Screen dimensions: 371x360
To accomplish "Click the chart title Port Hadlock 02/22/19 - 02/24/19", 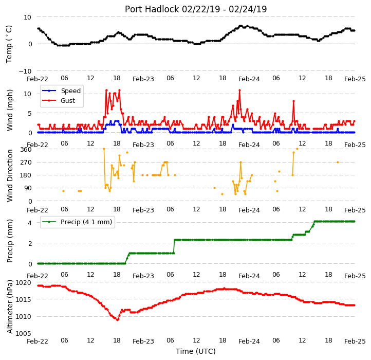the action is (196, 9).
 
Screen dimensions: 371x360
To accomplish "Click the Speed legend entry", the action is (62, 91).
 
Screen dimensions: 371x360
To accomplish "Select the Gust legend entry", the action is (59, 100).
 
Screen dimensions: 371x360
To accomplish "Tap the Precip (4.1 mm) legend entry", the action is (77, 222).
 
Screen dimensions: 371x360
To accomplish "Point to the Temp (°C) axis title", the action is (9, 44).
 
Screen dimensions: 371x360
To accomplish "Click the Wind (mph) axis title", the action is (9, 110).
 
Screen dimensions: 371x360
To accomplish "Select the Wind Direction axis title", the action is (9, 175).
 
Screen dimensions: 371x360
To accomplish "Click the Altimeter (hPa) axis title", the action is (9, 307).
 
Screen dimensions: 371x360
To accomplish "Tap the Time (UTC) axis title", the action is (196, 351).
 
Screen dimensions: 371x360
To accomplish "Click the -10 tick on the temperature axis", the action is (25, 71).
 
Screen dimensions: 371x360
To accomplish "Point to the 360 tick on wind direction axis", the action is (26, 150).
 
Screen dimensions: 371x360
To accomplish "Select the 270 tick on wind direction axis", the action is (26, 163).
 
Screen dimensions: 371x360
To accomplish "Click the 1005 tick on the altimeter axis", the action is (24, 333).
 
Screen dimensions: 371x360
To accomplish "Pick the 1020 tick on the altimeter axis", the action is (24, 282).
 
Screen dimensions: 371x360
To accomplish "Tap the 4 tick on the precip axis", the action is (30, 223).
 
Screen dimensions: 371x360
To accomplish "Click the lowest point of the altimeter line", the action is (118, 320).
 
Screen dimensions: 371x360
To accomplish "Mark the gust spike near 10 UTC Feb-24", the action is (293, 101).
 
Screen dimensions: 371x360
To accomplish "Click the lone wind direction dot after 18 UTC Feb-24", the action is (338, 162).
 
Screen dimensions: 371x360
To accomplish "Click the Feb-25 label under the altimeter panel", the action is (355, 341).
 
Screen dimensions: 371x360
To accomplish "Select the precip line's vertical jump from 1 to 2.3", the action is (174, 246).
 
